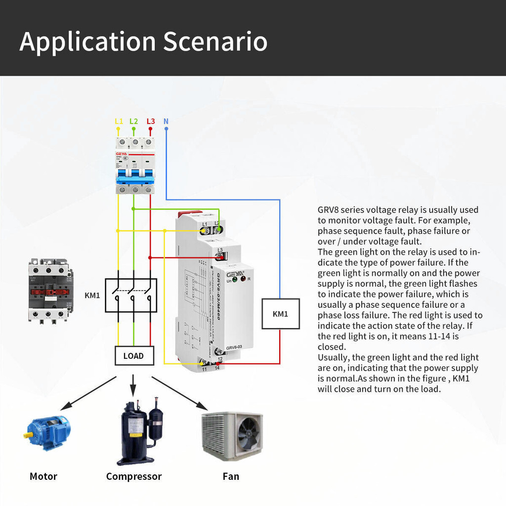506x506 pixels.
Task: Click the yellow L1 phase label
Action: (x=119, y=121)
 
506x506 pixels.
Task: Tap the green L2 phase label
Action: (x=134, y=121)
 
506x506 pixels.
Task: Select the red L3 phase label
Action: (x=151, y=121)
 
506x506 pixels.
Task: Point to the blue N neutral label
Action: (x=166, y=121)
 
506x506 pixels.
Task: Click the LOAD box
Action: (x=133, y=356)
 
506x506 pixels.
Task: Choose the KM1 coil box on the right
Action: (x=280, y=314)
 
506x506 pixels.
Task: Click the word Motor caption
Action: (x=43, y=476)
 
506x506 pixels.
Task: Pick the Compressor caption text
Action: (x=134, y=476)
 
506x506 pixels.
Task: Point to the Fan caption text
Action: (x=231, y=476)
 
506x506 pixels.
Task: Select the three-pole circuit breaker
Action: (x=134, y=166)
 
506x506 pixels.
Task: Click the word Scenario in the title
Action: (x=215, y=42)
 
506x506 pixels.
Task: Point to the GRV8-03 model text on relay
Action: (x=234, y=347)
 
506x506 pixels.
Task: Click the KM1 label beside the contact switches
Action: (x=92, y=295)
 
